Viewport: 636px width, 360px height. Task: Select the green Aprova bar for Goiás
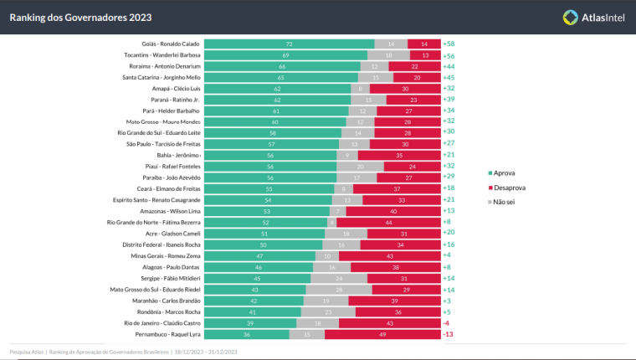tap(289, 44)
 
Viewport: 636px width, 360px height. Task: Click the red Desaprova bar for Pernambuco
tap(382, 334)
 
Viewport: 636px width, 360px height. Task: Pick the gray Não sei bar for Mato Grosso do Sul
tap(338, 289)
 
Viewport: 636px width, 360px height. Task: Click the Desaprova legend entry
tap(508, 188)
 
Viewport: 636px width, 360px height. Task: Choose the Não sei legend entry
tap(505, 202)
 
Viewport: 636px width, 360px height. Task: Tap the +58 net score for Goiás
tap(449, 44)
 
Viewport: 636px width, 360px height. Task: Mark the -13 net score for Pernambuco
tap(448, 334)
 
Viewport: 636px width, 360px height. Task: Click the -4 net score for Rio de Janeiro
tap(447, 322)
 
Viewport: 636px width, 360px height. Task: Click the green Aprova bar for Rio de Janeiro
tap(250, 322)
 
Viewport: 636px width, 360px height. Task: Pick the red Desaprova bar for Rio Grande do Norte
tap(389, 222)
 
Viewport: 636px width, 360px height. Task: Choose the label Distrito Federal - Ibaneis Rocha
tap(159, 244)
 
